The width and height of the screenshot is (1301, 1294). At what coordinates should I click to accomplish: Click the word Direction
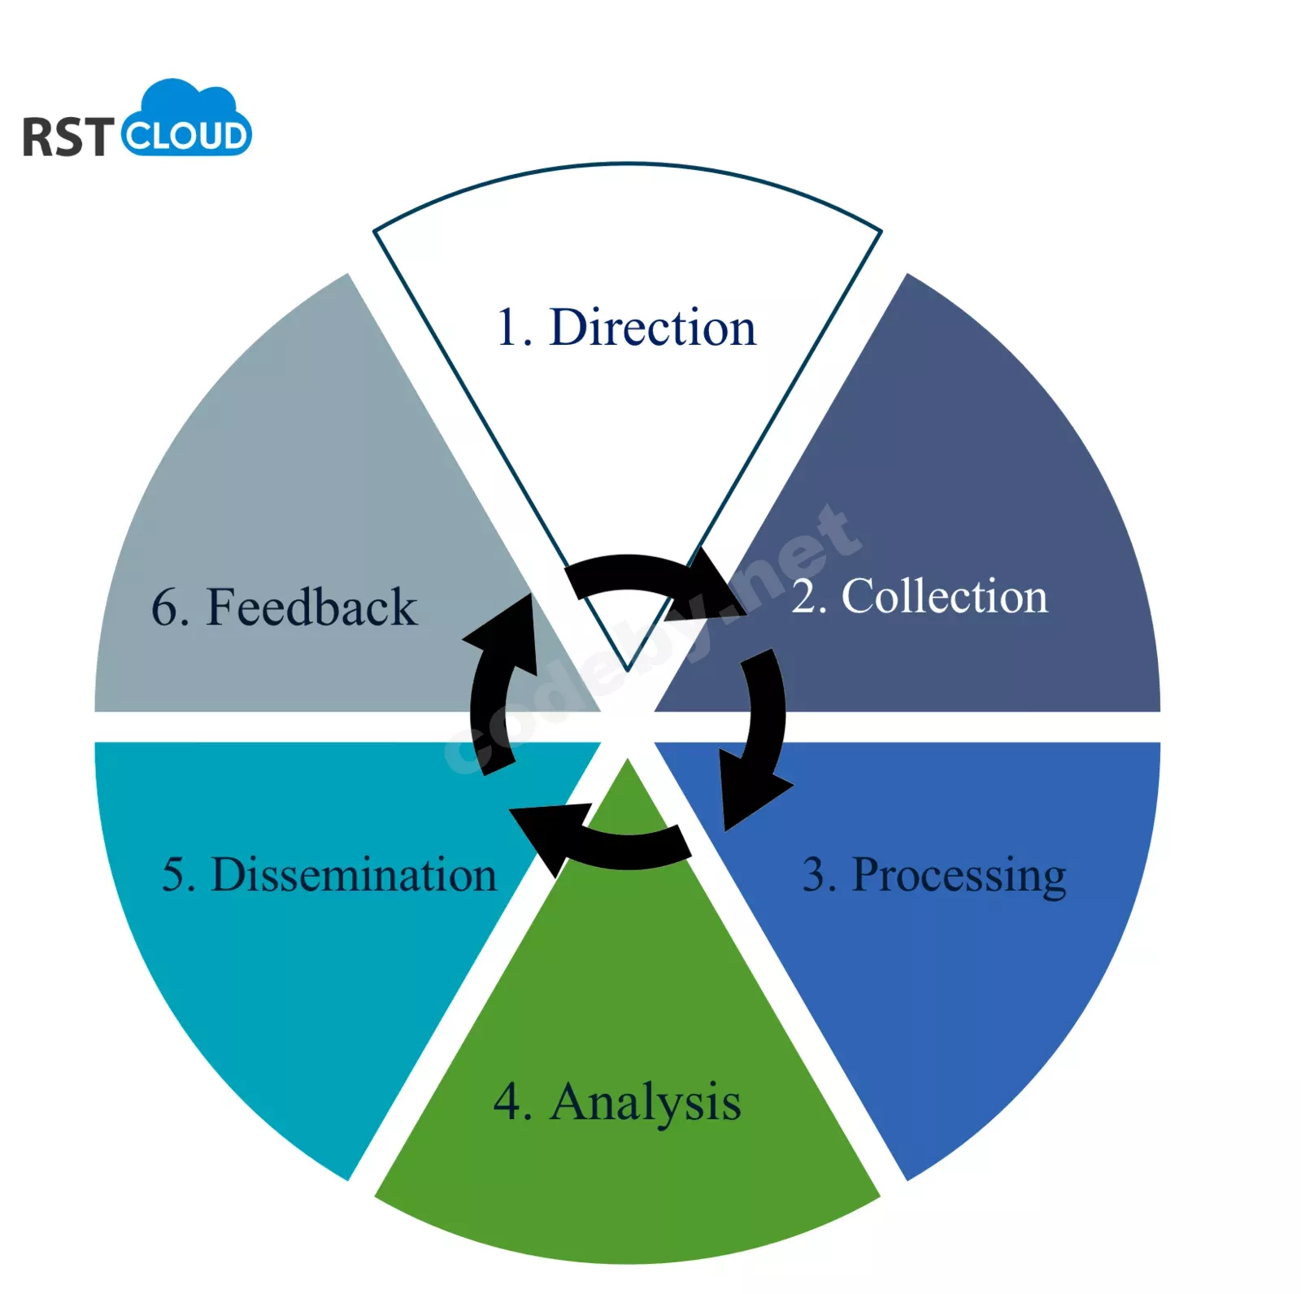[653, 328]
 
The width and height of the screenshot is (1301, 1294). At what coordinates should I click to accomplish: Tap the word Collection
[945, 596]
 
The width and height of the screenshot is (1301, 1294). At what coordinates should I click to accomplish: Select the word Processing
[959, 877]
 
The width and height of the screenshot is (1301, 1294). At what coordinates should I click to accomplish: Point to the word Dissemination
[354, 875]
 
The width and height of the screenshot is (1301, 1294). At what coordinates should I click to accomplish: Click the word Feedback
[311, 607]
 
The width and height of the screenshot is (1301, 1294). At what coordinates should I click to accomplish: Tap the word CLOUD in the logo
[185, 136]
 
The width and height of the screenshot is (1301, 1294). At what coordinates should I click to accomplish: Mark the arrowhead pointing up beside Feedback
[504, 634]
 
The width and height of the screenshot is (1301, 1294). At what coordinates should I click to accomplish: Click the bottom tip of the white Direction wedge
[627, 670]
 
